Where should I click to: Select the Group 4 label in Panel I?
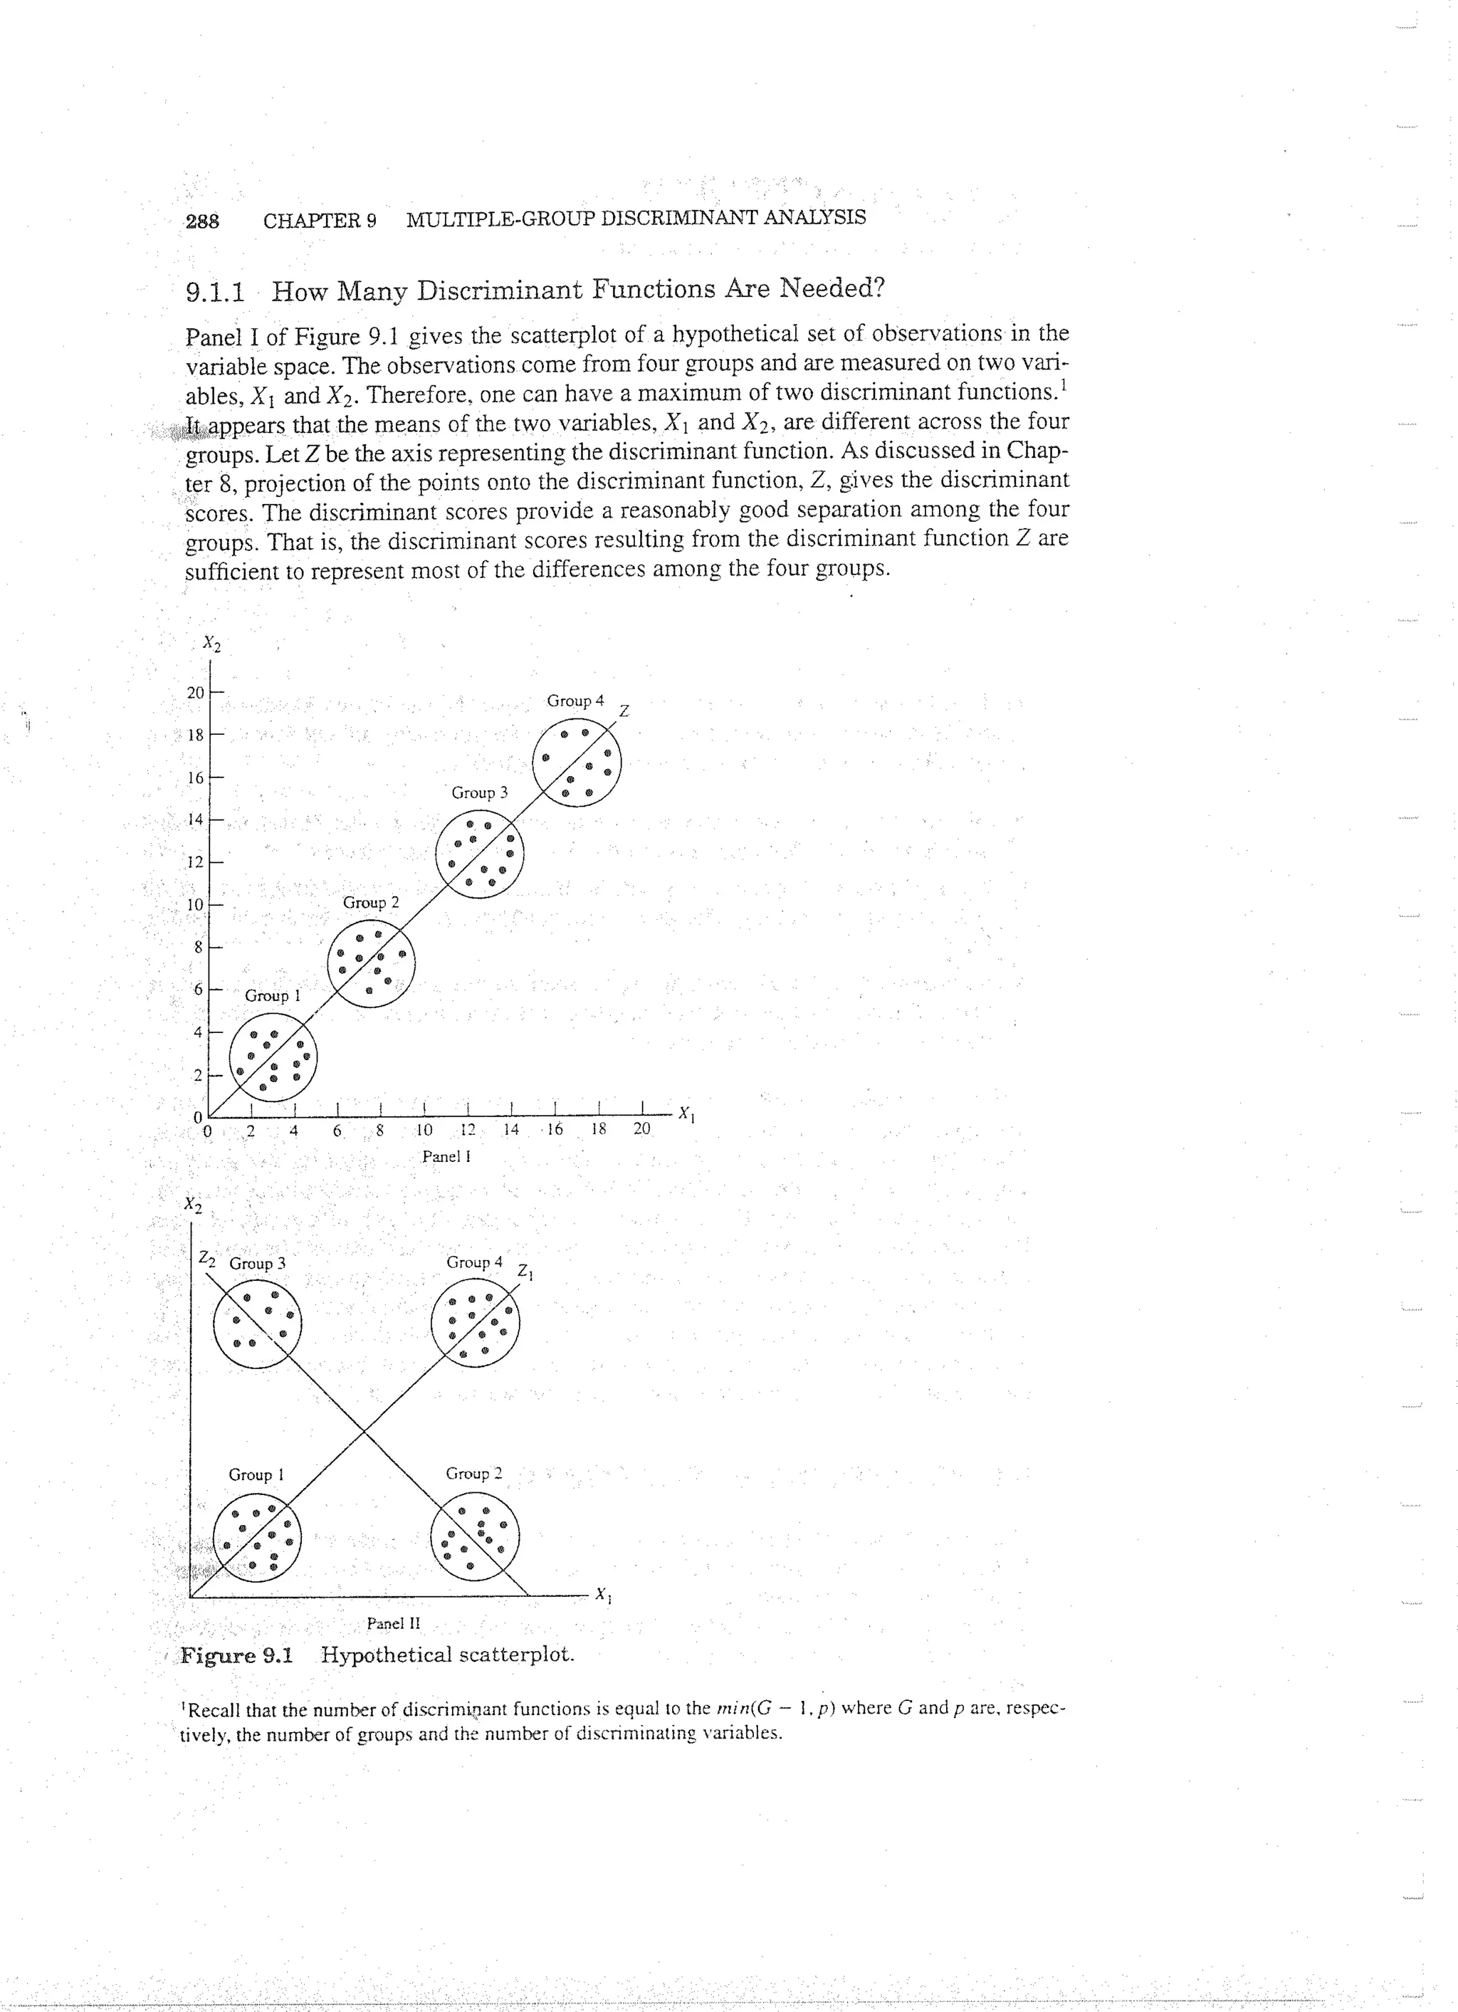click(575, 701)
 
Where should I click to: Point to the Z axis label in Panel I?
click(624, 711)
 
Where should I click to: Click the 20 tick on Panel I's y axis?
click(195, 692)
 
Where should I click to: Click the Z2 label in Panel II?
click(206, 1258)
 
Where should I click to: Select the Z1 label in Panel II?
click(525, 1272)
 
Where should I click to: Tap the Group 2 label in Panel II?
click(473, 1474)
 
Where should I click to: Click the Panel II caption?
click(393, 1623)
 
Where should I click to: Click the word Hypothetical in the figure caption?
click(387, 1655)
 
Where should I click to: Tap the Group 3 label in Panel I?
click(479, 793)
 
